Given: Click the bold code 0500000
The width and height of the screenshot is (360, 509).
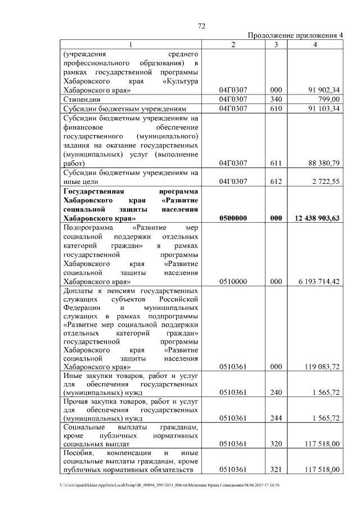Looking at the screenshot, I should pos(233,218).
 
